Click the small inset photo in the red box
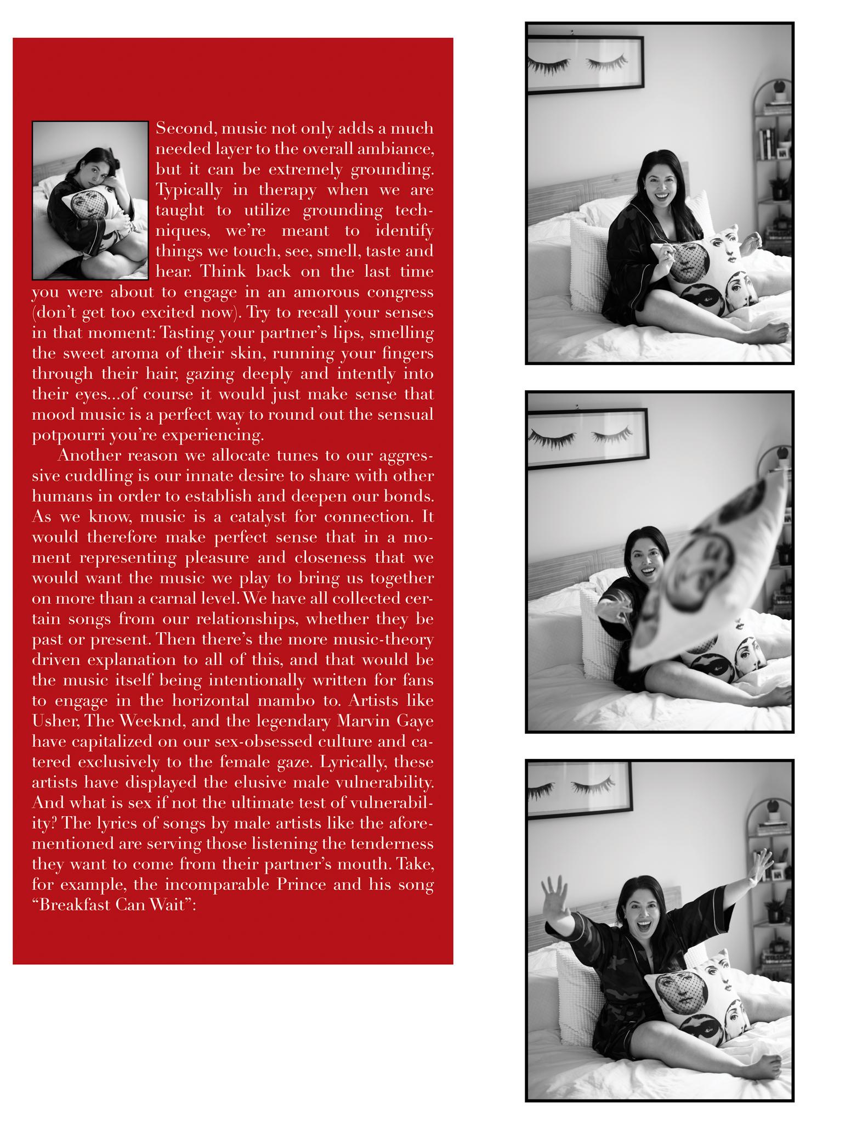90,200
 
